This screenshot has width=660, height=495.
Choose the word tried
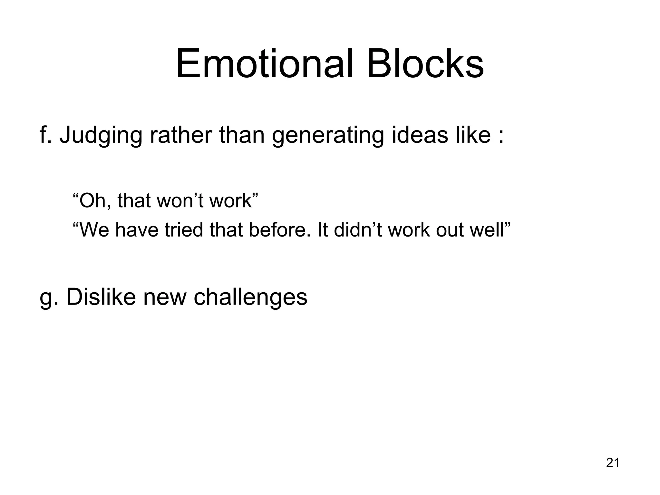[183, 230]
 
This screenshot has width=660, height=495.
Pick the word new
[164, 297]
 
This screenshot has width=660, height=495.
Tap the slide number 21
[612, 462]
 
